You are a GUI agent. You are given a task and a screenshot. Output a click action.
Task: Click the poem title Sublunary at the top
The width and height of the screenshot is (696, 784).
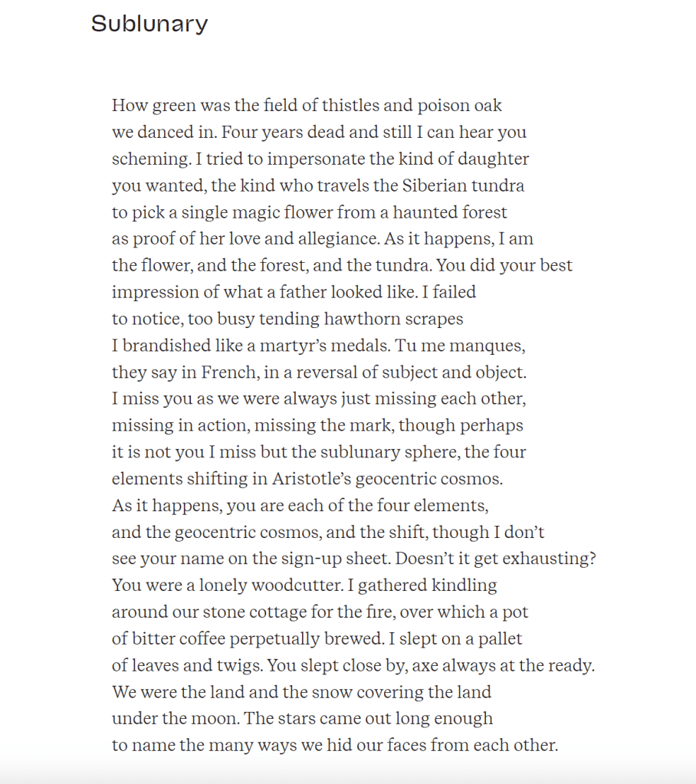149,24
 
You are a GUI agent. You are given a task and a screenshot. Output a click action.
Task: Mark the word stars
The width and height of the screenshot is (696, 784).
297,718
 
